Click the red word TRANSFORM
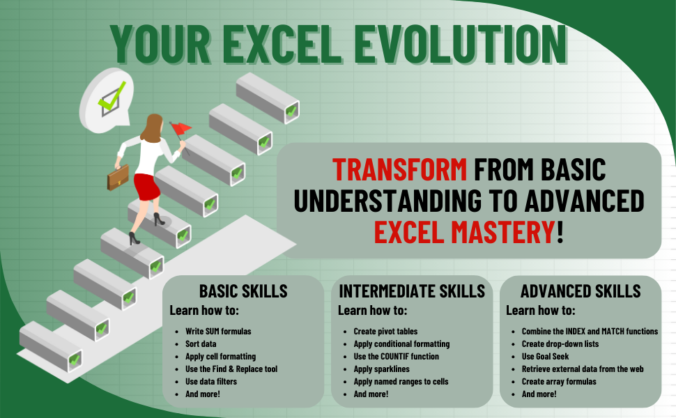click(x=399, y=169)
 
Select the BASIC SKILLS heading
click(x=243, y=291)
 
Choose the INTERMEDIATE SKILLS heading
click(x=411, y=291)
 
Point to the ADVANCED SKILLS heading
click(x=581, y=291)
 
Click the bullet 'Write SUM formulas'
click(x=218, y=332)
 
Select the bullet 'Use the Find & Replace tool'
click(x=231, y=369)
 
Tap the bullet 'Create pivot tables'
click(x=385, y=332)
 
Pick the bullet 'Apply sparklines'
click(x=383, y=369)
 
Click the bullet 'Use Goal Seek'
click(x=546, y=357)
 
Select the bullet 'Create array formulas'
click(x=559, y=382)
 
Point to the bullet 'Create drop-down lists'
click(x=560, y=344)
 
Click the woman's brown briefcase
click(x=118, y=176)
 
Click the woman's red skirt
click(x=147, y=186)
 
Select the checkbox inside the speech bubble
click(x=111, y=99)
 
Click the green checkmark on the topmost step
click(x=291, y=110)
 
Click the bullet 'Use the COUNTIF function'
click(x=395, y=357)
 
